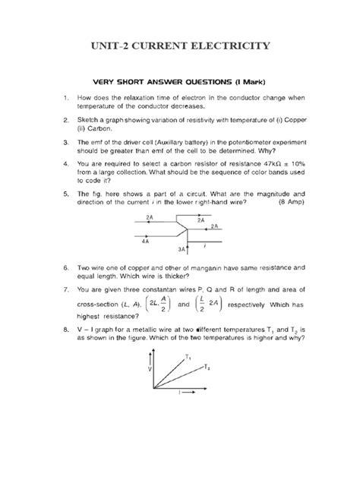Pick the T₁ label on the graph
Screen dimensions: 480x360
coord(188,356)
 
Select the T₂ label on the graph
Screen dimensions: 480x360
coord(207,367)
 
